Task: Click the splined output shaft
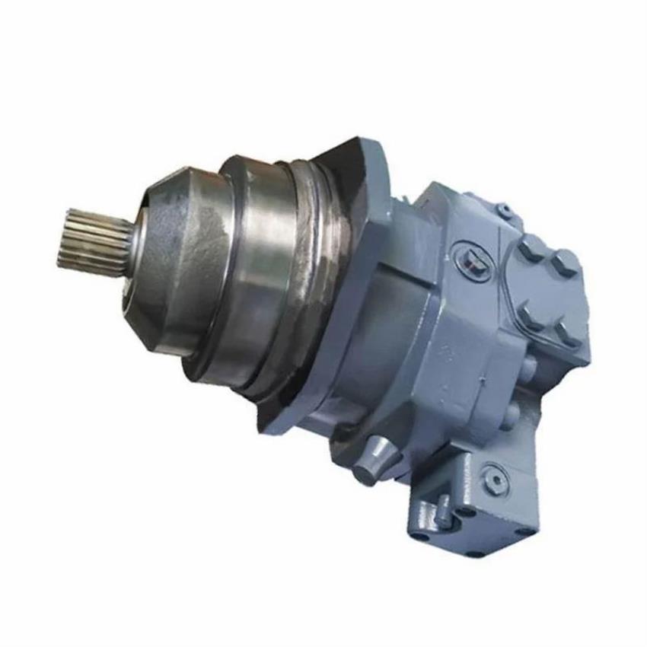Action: coord(91,240)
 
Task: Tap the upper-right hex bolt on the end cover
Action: coord(565,263)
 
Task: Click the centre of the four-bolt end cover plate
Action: coord(547,289)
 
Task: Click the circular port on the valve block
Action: coord(492,478)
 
